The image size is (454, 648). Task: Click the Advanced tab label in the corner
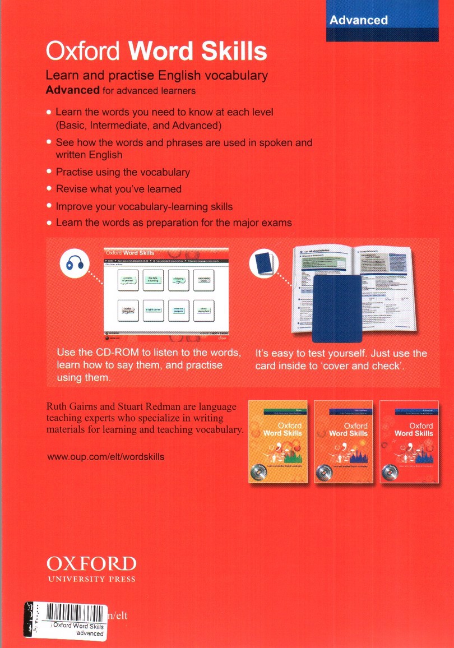(x=358, y=20)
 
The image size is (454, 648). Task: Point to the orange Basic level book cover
(x=277, y=442)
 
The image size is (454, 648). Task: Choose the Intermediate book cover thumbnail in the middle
(x=344, y=442)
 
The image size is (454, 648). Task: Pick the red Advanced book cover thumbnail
(x=409, y=442)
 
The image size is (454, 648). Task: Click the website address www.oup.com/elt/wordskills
(x=105, y=457)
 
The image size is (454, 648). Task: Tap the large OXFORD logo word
(x=91, y=563)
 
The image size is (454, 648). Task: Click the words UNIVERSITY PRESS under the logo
(x=91, y=579)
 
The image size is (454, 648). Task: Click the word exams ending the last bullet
(x=274, y=223)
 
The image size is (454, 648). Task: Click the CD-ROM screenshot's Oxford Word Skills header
(x=130, y=253)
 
